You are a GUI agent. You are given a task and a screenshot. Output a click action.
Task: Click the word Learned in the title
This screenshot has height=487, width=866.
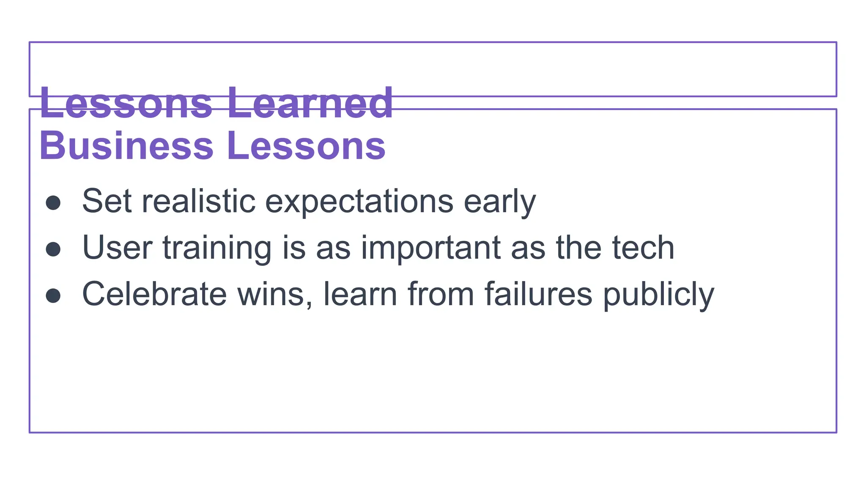click(310, 103)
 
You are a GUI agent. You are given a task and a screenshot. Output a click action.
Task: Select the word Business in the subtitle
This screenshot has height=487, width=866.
click(126, 146)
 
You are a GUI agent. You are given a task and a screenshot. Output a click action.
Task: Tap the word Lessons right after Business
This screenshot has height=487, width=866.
click(306, 146)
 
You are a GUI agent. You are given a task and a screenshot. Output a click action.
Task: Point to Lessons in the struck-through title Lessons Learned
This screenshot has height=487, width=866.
click(126, 103)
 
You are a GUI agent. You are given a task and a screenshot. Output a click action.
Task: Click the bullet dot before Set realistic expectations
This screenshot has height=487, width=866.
click(53, 202)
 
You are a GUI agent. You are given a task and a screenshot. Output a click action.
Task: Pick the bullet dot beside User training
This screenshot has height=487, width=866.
click(53, 249)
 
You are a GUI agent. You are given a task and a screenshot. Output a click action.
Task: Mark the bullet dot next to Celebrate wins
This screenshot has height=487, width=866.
click(53, 295)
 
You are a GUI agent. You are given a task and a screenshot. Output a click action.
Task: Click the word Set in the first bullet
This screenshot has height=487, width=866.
click(107, 201)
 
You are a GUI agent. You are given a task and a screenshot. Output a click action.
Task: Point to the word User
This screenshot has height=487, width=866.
click(117, 248)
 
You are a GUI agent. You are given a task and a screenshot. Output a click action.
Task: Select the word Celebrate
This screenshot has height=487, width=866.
click(154, 294)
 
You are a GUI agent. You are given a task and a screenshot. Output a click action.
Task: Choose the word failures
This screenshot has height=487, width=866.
click(538, 294)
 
